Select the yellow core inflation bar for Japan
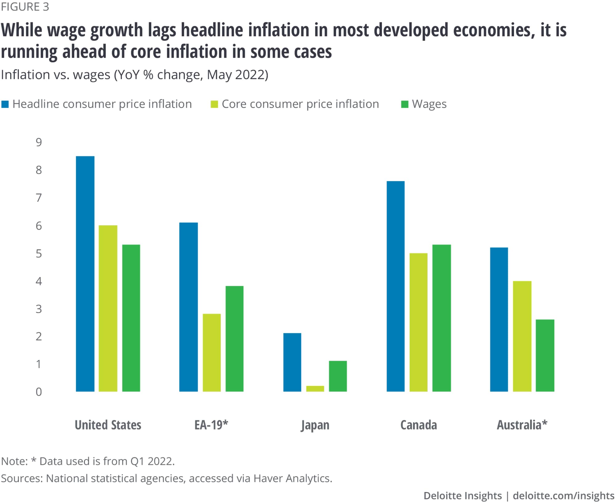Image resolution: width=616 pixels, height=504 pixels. (x=315, y=388)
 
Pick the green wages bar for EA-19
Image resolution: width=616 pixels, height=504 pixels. (x=234, y=339)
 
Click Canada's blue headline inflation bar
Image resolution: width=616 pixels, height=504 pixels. (x=395, y=286)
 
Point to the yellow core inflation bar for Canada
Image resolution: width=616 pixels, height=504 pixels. (x=418, y=322)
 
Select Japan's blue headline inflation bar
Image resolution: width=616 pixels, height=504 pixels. (x=292, y=362)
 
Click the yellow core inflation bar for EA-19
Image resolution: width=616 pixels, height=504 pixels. (x=212, y=352)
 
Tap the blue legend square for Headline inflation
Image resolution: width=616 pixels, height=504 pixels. (x=5, y=104)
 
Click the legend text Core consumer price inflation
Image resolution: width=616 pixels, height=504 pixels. (x=300, y=104)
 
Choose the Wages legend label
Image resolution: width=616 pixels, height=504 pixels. (x=429, y=104)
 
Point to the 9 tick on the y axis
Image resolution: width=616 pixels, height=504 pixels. (x=38, y=142)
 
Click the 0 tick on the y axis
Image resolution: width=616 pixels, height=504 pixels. (x=38, y=392)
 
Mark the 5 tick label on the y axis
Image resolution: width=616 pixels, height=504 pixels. (x=38, y=253)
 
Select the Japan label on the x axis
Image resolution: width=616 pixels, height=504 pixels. (x=315, y=425)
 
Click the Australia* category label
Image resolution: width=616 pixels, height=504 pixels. (x=522, y=425)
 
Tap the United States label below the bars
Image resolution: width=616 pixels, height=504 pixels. (x=108, y=425)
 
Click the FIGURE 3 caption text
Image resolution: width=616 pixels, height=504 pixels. (x=25, y=7)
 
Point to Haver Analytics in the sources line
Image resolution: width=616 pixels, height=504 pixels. (x=293, y=478)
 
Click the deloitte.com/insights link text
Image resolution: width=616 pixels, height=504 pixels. (x=563, y=495)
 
